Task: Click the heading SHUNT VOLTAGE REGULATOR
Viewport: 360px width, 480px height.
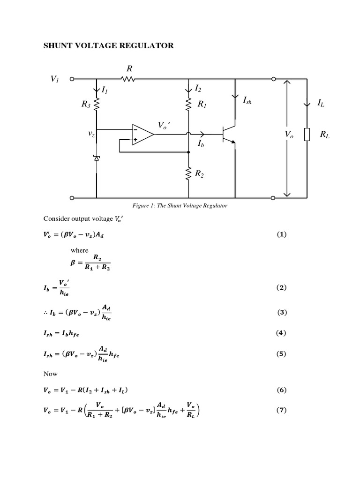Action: tap(108, 45)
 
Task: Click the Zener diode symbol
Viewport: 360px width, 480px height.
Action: tap(97, 158)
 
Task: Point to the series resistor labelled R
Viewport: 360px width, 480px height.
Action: tap(127, 79)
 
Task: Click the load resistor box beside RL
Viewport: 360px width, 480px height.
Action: tap(307, 135)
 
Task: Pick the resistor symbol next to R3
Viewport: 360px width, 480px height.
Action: tap(97, 105)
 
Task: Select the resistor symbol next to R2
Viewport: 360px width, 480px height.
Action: tap(188, 174)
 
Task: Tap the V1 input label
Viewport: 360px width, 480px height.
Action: tap(54, 79)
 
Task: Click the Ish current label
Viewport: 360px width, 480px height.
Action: tap(247, 100)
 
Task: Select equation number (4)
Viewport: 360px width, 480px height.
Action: tap(281, 333)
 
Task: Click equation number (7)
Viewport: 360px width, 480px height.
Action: tap(281, 410)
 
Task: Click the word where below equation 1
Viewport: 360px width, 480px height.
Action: tap(79, 250)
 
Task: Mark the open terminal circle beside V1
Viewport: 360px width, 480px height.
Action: tap(72, 79)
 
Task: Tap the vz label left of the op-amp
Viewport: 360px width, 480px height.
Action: tap(91, 134)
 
